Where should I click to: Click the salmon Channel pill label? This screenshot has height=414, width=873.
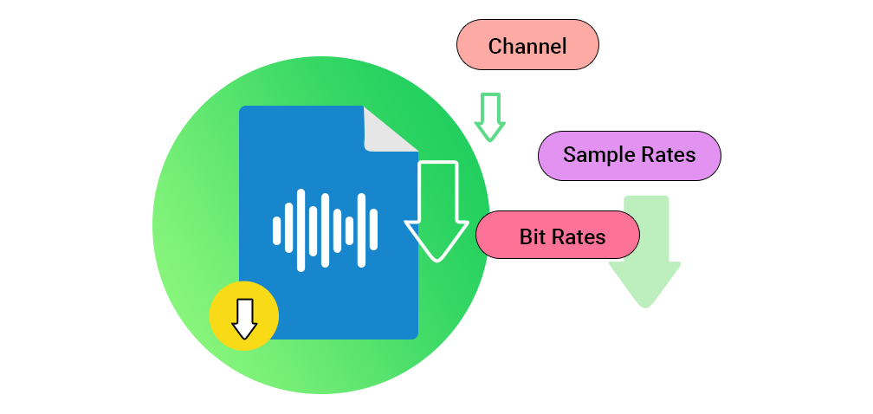527,46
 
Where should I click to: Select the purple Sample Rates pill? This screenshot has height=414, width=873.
629,156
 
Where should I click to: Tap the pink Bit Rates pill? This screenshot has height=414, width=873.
558,236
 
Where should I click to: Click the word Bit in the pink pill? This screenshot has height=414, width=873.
532,236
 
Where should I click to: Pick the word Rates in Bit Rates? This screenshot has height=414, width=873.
578,236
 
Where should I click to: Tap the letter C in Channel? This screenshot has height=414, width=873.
495,46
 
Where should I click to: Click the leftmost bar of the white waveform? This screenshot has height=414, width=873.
277,230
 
